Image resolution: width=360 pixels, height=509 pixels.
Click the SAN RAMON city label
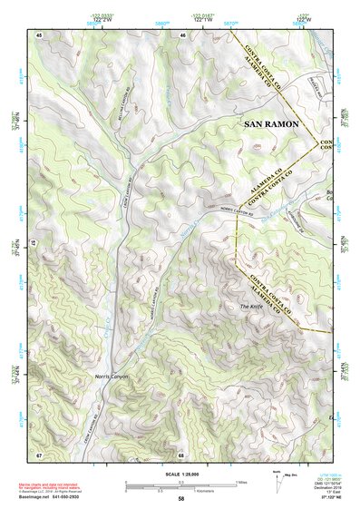(x=270, y=122)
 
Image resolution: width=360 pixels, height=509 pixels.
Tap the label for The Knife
(x=251, y=307)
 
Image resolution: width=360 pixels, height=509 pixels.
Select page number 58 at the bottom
(x=180, y=500)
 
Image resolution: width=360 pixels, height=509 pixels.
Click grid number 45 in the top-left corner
(x=40, y=35)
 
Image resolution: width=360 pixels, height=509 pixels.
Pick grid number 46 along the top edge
(x=183, y=35)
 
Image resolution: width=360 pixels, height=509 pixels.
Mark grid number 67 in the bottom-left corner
(x=40, y=453)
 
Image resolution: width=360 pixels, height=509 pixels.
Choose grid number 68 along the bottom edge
(x=181, y=453)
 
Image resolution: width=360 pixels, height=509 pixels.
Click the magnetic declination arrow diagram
(x=277, y=484)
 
